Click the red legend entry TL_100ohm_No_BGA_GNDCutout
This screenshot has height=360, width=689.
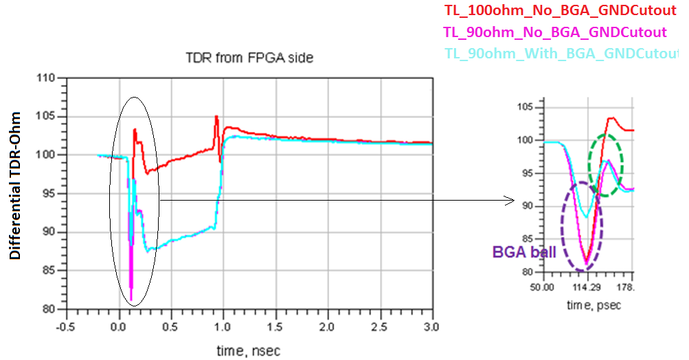click(556, 10)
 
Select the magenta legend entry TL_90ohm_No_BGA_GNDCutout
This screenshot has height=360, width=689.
click(555, 32)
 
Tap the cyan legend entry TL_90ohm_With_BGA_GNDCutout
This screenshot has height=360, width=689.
click(560, 54)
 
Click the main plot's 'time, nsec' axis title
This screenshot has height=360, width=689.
click(249, 351)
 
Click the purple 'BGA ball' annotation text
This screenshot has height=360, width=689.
click(524, 251)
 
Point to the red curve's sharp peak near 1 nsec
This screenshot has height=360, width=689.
click(216, 117)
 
